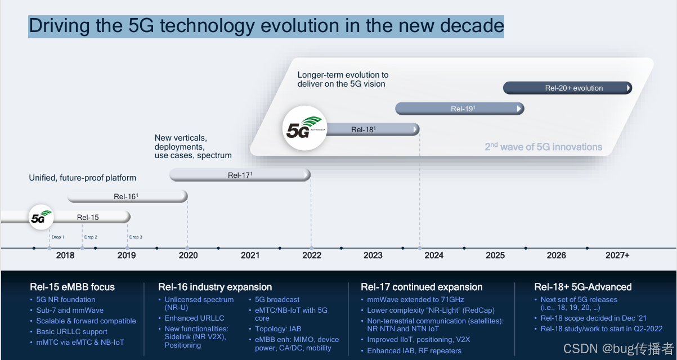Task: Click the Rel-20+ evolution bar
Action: coord(568,88)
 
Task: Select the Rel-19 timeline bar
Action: coord(460,109)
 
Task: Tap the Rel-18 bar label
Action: coord(364,129)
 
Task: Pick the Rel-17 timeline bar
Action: coord(240,175)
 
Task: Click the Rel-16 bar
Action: coord(127,196)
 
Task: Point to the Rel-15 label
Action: coord(88,218)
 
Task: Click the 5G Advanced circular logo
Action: coord(304,128)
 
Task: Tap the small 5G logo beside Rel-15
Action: coord(41,217)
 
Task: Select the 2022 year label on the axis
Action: coord(312,255)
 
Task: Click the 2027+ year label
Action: coord(617,255)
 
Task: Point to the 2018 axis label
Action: coord(65,255)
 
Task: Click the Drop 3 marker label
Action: coord(136,237)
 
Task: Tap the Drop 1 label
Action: coord(58,237)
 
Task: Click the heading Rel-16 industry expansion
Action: coord(215,287)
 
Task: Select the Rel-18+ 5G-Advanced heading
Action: coord(582,287)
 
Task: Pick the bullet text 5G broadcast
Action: coord(277,300)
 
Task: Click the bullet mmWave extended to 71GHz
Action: coord(415,300)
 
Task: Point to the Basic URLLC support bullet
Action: coord(71,332)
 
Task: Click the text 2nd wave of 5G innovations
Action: coord(544,146)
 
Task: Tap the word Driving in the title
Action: coord(59,26)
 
